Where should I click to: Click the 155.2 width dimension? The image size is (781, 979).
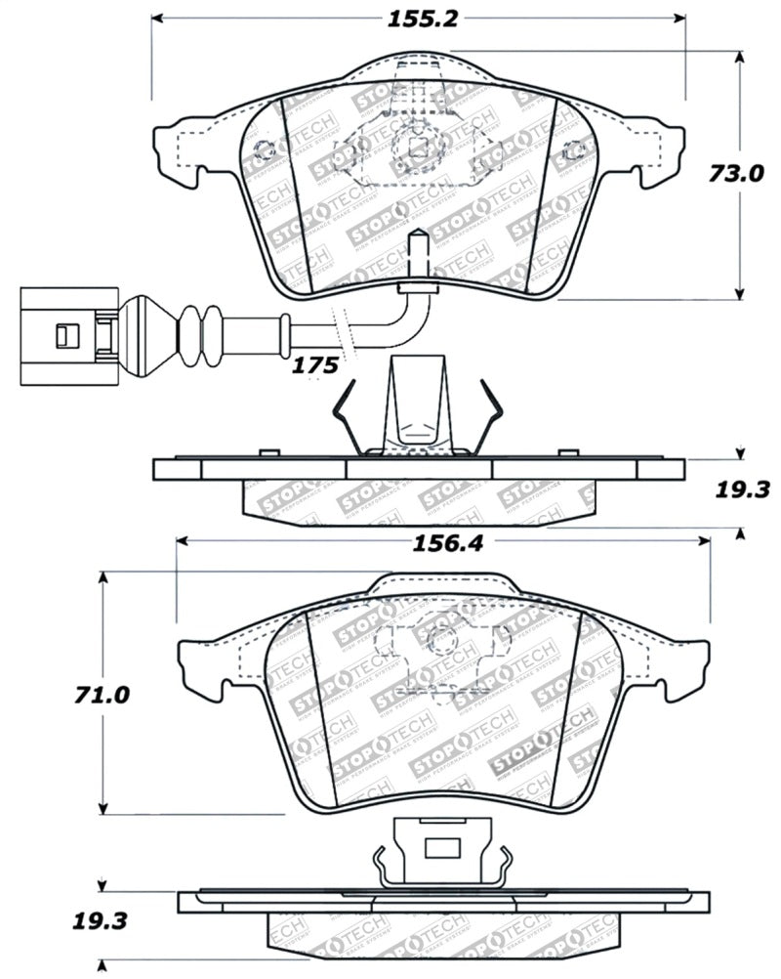pos(417,18)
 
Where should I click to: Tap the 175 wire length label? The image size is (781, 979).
pos(315,365)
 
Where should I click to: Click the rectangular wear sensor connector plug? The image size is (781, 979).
pos(62,335)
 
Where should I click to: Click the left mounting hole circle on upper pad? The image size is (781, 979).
pos(264,151)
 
